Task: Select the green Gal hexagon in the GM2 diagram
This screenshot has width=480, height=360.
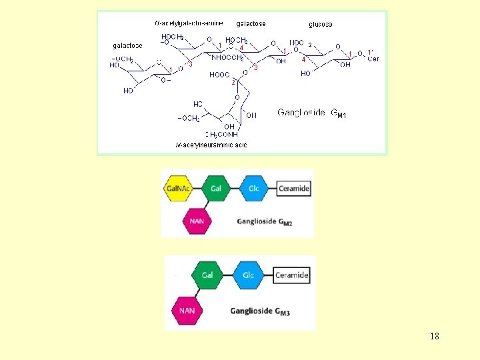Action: coord(216,189)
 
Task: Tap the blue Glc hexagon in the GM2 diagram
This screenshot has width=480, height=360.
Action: coord(254,189)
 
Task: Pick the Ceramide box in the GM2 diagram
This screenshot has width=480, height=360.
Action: coord(293,189)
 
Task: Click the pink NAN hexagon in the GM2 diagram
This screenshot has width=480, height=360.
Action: coord(197,221)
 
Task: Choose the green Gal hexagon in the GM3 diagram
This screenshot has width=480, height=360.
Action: coord(207,275)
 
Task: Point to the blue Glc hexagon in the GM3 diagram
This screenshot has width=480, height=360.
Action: coord(249,275)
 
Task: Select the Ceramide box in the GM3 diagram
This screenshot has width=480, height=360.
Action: coord(292,275)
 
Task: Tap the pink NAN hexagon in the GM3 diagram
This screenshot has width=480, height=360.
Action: coord(188,311)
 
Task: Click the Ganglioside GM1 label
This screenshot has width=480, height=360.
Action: coord(312,113)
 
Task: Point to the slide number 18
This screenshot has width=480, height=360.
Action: coord(434,336)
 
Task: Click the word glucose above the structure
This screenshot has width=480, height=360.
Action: coord(321,24)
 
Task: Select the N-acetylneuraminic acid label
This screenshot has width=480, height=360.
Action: coord(211,145)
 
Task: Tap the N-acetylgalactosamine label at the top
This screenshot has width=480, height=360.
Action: coord(189,23)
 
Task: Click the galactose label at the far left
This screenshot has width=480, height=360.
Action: coord(127,45)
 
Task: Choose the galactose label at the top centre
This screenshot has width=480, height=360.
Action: coord(251,23)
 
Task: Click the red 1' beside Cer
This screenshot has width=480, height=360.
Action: coord(371,52)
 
